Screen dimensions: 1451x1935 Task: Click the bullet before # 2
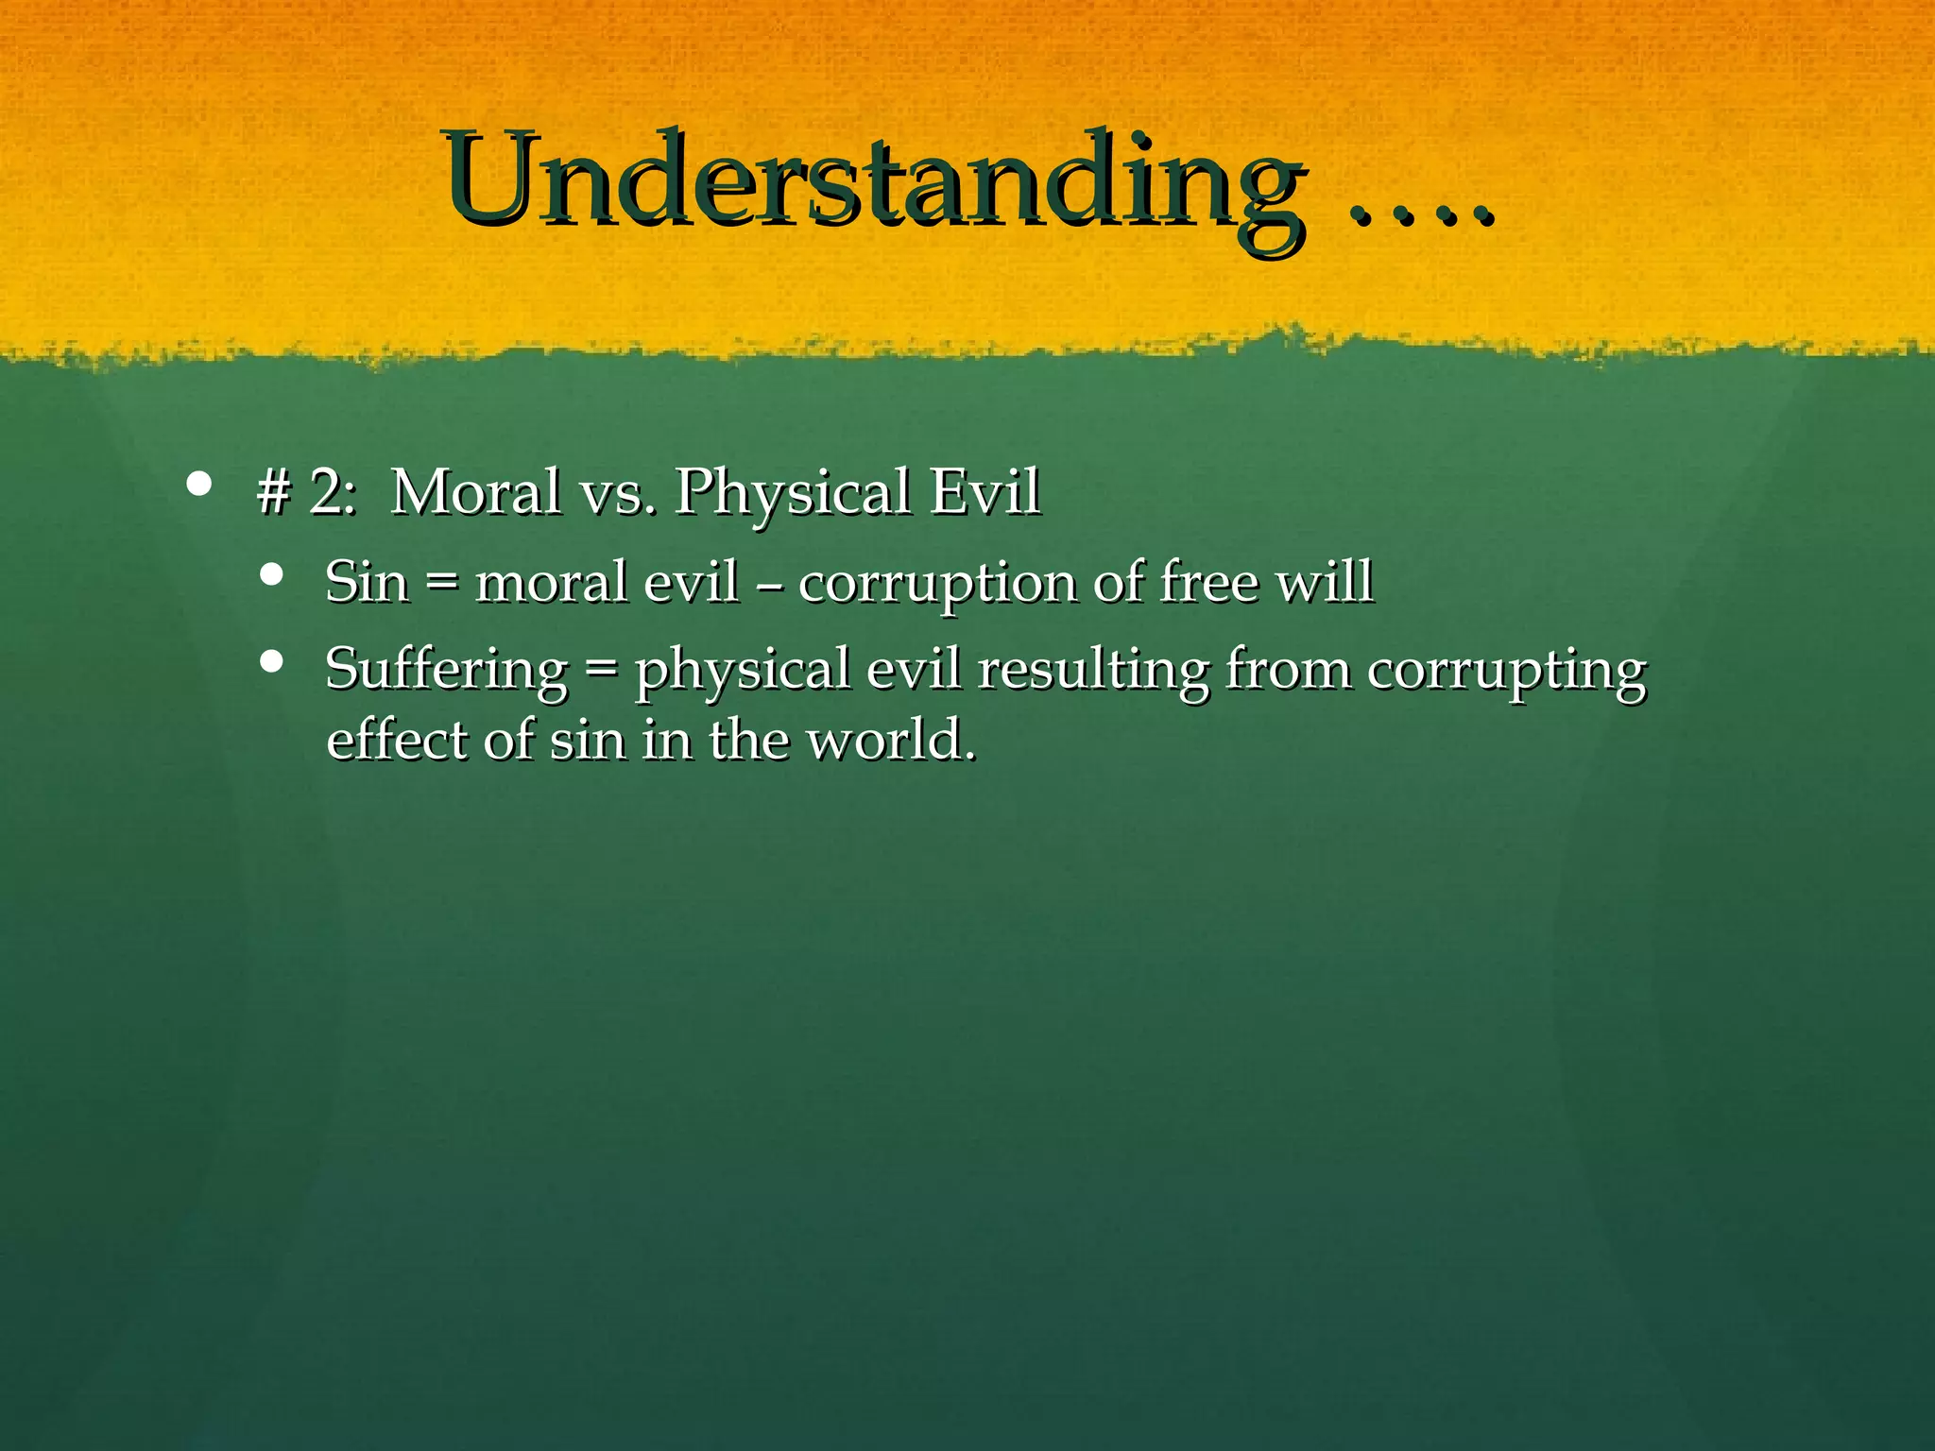pyautogui.click(x=198, y=486)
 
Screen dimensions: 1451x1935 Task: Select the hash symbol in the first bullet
pyautogui.click(x=273, y=493)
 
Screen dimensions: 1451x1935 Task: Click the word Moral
pyautogui.click(x=475, y=492)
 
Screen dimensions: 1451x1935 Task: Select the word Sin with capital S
pyautogui.click(x=367, y=582)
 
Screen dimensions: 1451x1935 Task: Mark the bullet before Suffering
pyautogui.click(x=272, y=661)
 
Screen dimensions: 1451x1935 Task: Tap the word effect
pyautogui.click(x=396, y=739)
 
